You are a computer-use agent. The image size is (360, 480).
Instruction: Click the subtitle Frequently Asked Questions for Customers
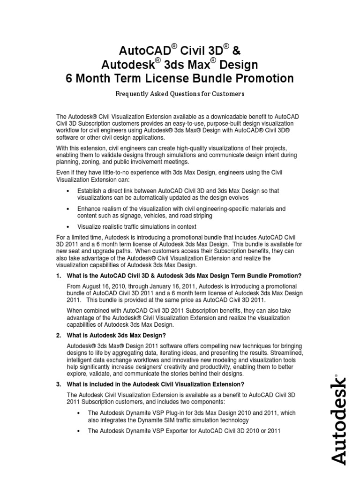(180, 94)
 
